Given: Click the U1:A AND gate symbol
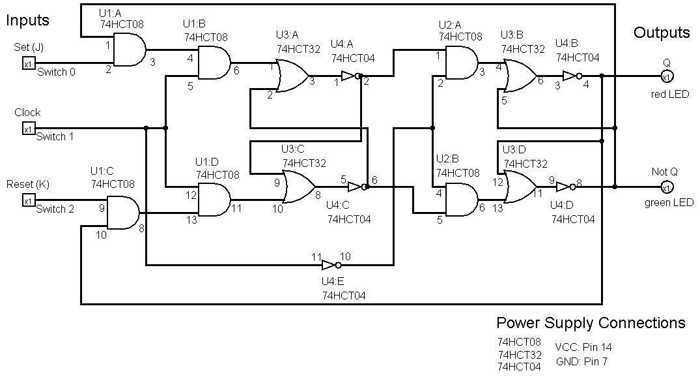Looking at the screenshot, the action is pos(130,50).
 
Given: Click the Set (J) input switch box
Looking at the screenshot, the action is pos(28,63).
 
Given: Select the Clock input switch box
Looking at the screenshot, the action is pos(28,129).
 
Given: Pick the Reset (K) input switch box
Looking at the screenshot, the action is pos(28,200).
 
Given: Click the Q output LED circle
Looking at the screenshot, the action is pos(666,76).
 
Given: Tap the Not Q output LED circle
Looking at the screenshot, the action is pos(666,187).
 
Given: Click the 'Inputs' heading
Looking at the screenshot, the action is pos(28,20).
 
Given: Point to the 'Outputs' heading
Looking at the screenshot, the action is pos(662,33).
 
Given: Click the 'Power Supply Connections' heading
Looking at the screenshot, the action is pos(590,323).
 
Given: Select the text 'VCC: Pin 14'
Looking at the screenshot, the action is pos(583,348).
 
